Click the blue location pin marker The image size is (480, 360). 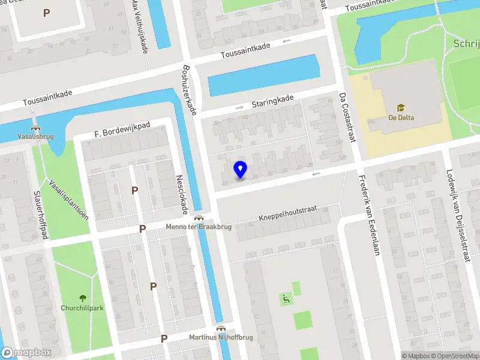point(240,170)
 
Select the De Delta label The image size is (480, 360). point(401,118)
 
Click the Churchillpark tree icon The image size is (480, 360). point(83,298)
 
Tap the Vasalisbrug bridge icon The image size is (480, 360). point(36,127)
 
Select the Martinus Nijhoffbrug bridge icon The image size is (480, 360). point(221,328)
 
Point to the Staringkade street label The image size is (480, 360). point(272,101)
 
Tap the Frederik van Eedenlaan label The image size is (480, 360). point(369,215)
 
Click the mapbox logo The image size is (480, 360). point(27,352)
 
